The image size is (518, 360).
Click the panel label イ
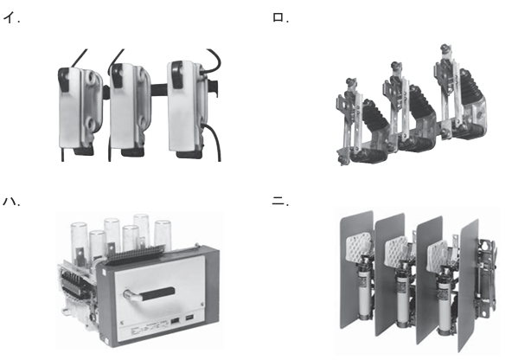tap(10, 18)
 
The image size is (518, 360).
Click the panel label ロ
tap(280, 18)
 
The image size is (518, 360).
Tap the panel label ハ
tap(11, 201)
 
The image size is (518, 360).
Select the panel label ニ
tap(280, 201)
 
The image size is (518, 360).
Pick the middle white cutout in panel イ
tap(130, 109)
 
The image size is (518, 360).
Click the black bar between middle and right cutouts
tap(159, 90)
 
